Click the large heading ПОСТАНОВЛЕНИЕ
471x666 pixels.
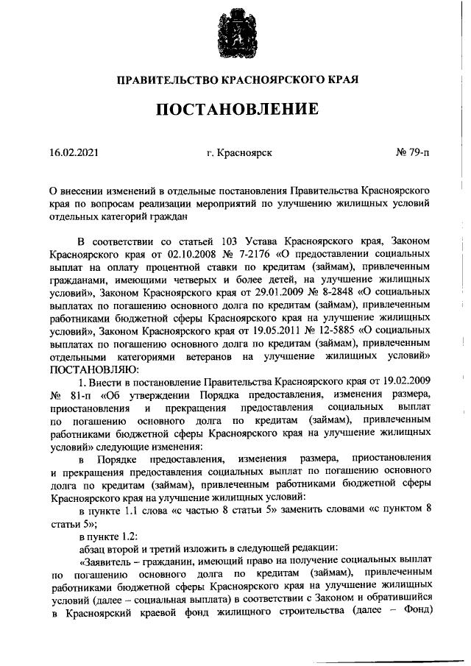(235, 110)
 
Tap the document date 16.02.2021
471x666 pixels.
(73, 152)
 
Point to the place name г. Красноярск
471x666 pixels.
(239, 152)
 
